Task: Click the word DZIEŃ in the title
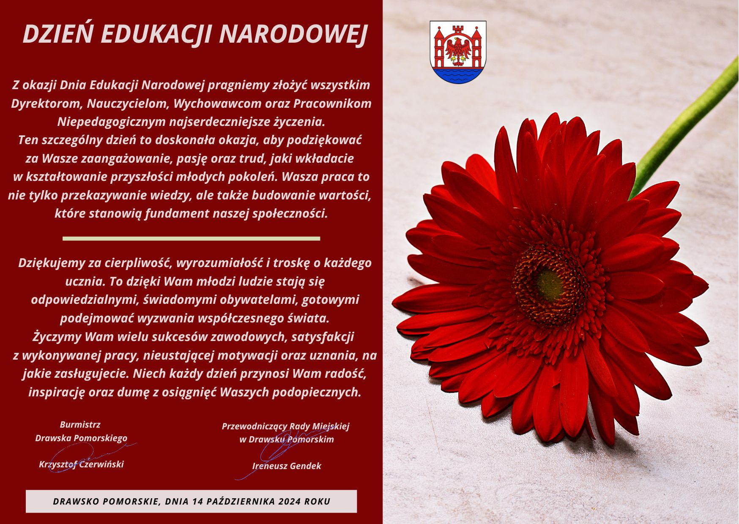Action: (57, 34)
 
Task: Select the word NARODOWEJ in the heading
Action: (293, 35)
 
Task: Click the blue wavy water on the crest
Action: (458, 75)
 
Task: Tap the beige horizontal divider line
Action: (192, 239)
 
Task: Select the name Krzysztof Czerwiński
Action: (81, 464)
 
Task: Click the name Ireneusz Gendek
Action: (287, 466)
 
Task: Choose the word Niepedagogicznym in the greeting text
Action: (112, 122)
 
